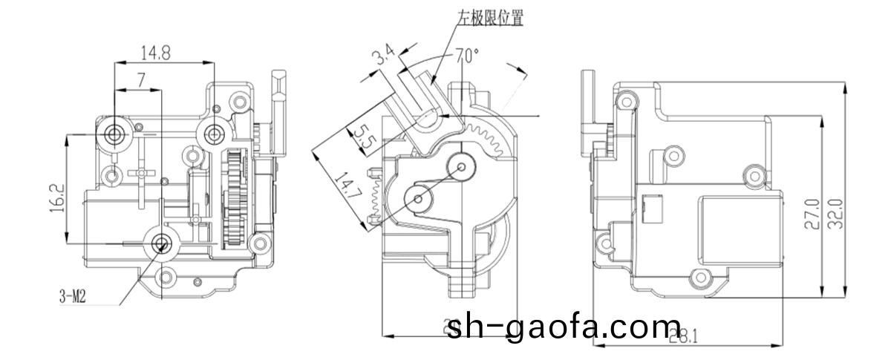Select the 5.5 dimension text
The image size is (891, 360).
pos(362,138)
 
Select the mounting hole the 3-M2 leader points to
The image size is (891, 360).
pos(161,243)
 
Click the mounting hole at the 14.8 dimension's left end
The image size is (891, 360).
pos(114,134)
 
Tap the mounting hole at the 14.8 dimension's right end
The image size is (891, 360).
pos(215,133)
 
